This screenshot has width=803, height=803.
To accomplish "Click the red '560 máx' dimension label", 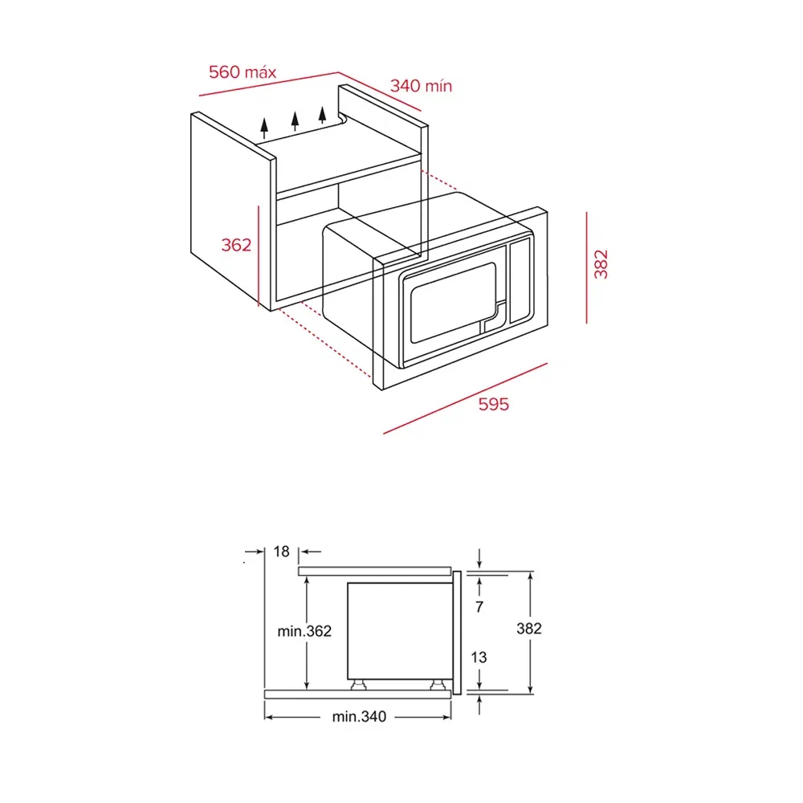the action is (x=243, y=71).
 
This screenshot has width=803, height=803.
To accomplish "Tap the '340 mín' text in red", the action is (x=421, y=86).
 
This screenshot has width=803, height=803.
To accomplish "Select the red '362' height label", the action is (x=236, y=245).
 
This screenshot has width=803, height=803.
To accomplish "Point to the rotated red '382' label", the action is (x=601, y=264).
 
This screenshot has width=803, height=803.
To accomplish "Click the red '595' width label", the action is (x=494, y=404).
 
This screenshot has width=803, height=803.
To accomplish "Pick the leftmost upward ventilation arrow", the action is (x=264, y=128).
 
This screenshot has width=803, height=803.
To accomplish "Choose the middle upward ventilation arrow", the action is (x=295, y=121).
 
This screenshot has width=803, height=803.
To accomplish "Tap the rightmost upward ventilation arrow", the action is (x=322, y=115).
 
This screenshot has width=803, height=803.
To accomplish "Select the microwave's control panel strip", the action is (x=521, y=280).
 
